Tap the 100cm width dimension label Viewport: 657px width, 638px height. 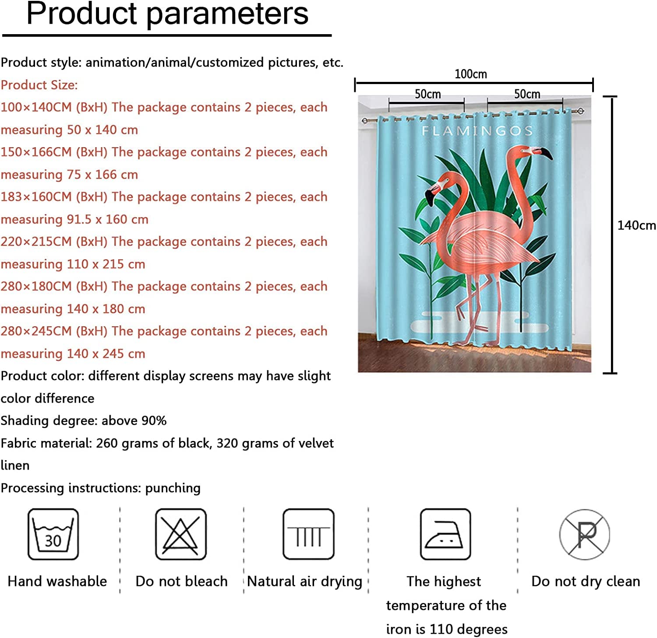(470, 74)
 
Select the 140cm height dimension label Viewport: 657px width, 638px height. (636, 226)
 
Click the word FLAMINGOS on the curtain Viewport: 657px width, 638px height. (477, 130)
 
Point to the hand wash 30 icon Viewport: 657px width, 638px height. (53, 534)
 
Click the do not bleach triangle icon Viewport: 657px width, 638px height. (180, 534)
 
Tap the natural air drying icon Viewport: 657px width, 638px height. (308, 534)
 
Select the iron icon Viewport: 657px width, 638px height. (445, 534)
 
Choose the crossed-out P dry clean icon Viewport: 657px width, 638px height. (585, 534)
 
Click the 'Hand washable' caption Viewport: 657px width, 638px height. (57, 581)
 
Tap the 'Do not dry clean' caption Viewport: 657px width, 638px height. (586, 582)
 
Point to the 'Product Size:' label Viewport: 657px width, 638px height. (39, 85)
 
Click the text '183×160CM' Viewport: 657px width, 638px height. (36, 197)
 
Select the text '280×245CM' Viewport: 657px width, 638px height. (36, 331)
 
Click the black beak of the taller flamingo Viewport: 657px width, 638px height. (545, 153)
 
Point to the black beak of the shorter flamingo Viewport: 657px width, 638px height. (429, 198)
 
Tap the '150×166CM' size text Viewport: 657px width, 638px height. (36, 152)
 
